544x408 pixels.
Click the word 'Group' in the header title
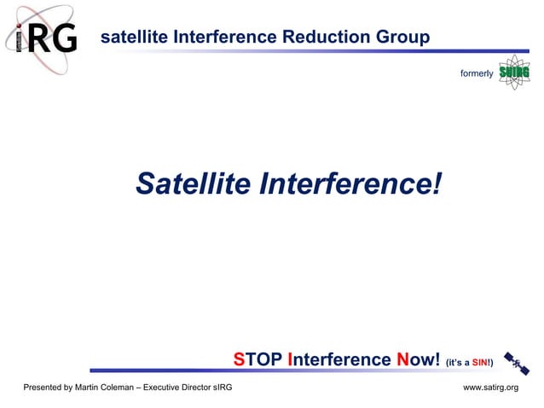[x=402, y=38]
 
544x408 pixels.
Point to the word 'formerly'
[x=477, y=73]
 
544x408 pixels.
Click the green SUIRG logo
[x=514, y=73]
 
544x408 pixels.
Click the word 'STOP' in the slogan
[x=259, y=359]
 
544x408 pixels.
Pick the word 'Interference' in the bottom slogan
[x=340, y=359]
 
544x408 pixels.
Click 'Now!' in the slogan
[x=418, y=359]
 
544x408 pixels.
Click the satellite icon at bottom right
[x=516, y=363]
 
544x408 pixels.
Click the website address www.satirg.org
[x=490, y=388]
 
